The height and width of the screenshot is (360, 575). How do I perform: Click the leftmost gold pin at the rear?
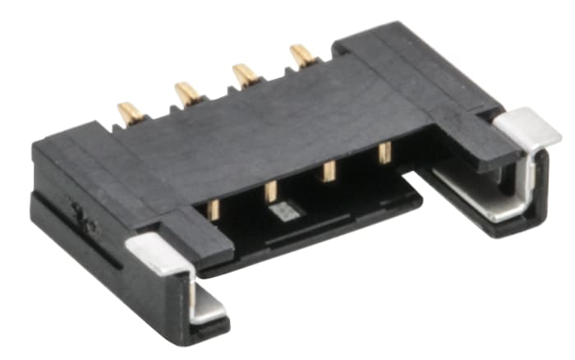pyautogui.click(x=131, y=112)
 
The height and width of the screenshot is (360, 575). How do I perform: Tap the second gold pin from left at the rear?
pyautogui.click(x=188, y=93)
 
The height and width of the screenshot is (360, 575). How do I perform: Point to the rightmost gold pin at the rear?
pyautogui.click(x=303, y=56)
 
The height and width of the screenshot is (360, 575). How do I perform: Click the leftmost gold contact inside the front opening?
pyautogui.click(x=213, y=209)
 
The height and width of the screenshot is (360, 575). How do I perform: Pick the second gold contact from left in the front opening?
pyautogui.click(x=270, y=192)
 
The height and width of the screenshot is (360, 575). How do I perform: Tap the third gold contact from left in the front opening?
pyautogui.click(x=329, y=171)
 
